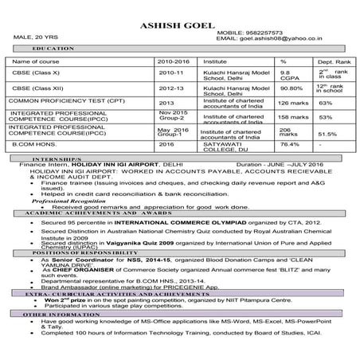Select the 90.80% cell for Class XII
tap(291, 88)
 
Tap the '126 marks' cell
tap(294, 103)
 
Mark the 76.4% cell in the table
tap(289, 145)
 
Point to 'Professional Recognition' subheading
tap(62, 202)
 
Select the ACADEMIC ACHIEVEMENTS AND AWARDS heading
tap(93, 214)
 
